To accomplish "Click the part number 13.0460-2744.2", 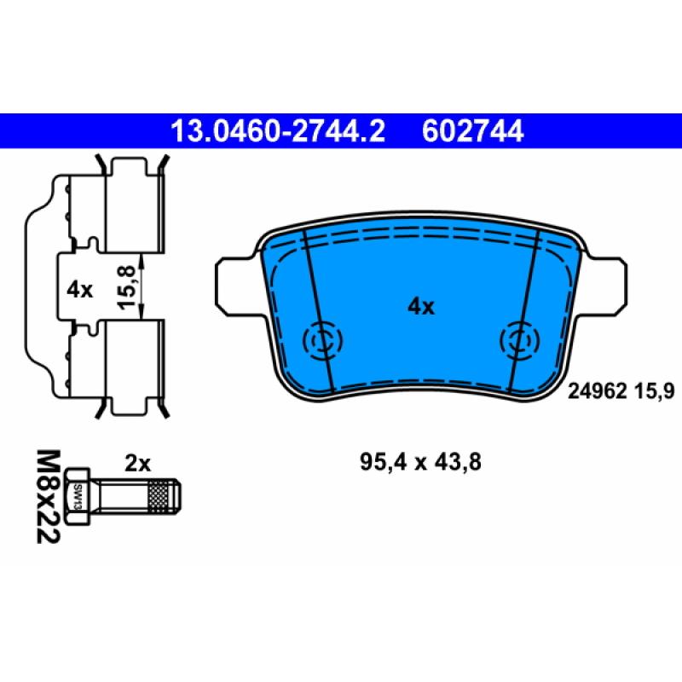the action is [x=278, y=131].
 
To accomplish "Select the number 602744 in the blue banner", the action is [x=473, y=131].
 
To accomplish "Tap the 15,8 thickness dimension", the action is [x=127, y=287].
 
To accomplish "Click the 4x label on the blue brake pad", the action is [x=420, y=307].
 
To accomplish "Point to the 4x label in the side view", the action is [x=79, y=290].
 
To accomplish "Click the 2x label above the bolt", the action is [x=137, y=463].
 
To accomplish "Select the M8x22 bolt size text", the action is [x=48, y=497].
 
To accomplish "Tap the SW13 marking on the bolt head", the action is [x=78, y=497].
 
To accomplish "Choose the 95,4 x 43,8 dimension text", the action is [x=420, y=462].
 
